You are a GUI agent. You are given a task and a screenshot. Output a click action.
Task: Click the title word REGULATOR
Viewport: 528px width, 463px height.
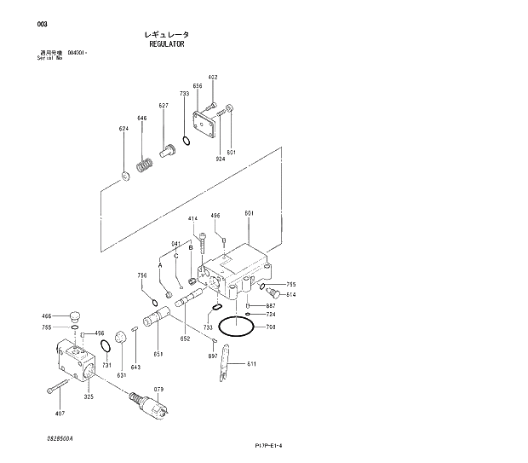pos(166,43)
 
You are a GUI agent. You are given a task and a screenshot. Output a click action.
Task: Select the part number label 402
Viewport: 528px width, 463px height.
pos(213,78)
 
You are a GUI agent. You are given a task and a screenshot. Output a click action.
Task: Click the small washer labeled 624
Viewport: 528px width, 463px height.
pos(125,176)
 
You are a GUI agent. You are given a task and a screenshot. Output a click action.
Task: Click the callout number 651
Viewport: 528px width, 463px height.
pos(158,354)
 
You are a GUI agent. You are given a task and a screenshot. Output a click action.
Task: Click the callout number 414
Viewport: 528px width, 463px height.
pos(192,219)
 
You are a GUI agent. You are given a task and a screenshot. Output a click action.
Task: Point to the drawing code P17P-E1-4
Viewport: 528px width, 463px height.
pos(268,445)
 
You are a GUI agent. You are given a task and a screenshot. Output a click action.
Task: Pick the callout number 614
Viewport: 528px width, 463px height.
pos(291,294)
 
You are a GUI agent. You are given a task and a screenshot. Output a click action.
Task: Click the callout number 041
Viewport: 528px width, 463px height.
pos(175,243)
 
